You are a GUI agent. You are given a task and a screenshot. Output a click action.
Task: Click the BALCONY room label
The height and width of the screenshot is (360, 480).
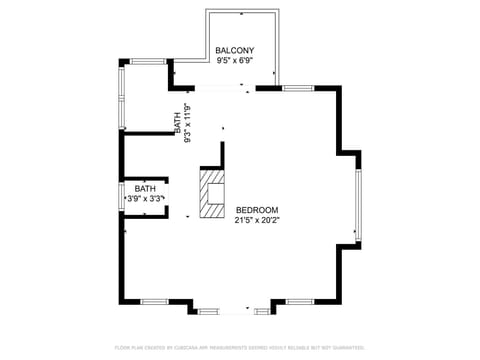(x=235, y=50)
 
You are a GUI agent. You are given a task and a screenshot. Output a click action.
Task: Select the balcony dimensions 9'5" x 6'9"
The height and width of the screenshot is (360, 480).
(x=235, y=60)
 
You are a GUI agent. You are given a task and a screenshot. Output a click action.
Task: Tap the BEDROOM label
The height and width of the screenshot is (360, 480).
(x=257, y=210)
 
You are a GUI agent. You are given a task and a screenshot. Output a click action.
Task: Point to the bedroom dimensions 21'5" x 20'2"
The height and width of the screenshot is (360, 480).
(x=257, y=220)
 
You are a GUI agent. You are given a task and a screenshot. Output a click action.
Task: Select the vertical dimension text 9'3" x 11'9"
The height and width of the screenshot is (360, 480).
(x=188, y=123)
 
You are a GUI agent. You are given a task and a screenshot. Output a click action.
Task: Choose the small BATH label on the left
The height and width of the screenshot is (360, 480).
(x=146, y=188)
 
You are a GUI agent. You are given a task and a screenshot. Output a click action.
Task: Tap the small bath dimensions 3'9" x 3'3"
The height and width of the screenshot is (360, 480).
(x=146, y=198)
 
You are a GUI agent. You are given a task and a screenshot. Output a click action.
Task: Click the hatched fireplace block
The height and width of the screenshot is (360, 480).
(x=211, y=193)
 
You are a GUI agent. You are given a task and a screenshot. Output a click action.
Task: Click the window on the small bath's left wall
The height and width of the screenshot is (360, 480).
(x=122, y=198)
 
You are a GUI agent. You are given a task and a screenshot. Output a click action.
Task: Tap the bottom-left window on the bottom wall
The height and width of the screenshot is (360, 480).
(x=154, y=301)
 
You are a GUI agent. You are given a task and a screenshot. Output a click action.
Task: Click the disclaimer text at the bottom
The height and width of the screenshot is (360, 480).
(x=239, y=347)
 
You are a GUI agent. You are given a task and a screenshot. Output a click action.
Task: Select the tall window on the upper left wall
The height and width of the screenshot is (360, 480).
(x=122, y=97)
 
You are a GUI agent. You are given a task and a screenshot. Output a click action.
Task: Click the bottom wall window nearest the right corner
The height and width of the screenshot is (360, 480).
(x=300, y=301)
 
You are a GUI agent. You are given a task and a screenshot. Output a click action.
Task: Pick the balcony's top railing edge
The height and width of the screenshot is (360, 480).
(x=242, y=12)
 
